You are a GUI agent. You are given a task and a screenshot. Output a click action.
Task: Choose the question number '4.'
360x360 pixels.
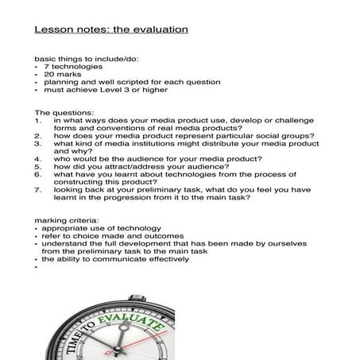pos(38,158)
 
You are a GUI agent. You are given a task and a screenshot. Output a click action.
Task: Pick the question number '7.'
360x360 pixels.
pos(38,189)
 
